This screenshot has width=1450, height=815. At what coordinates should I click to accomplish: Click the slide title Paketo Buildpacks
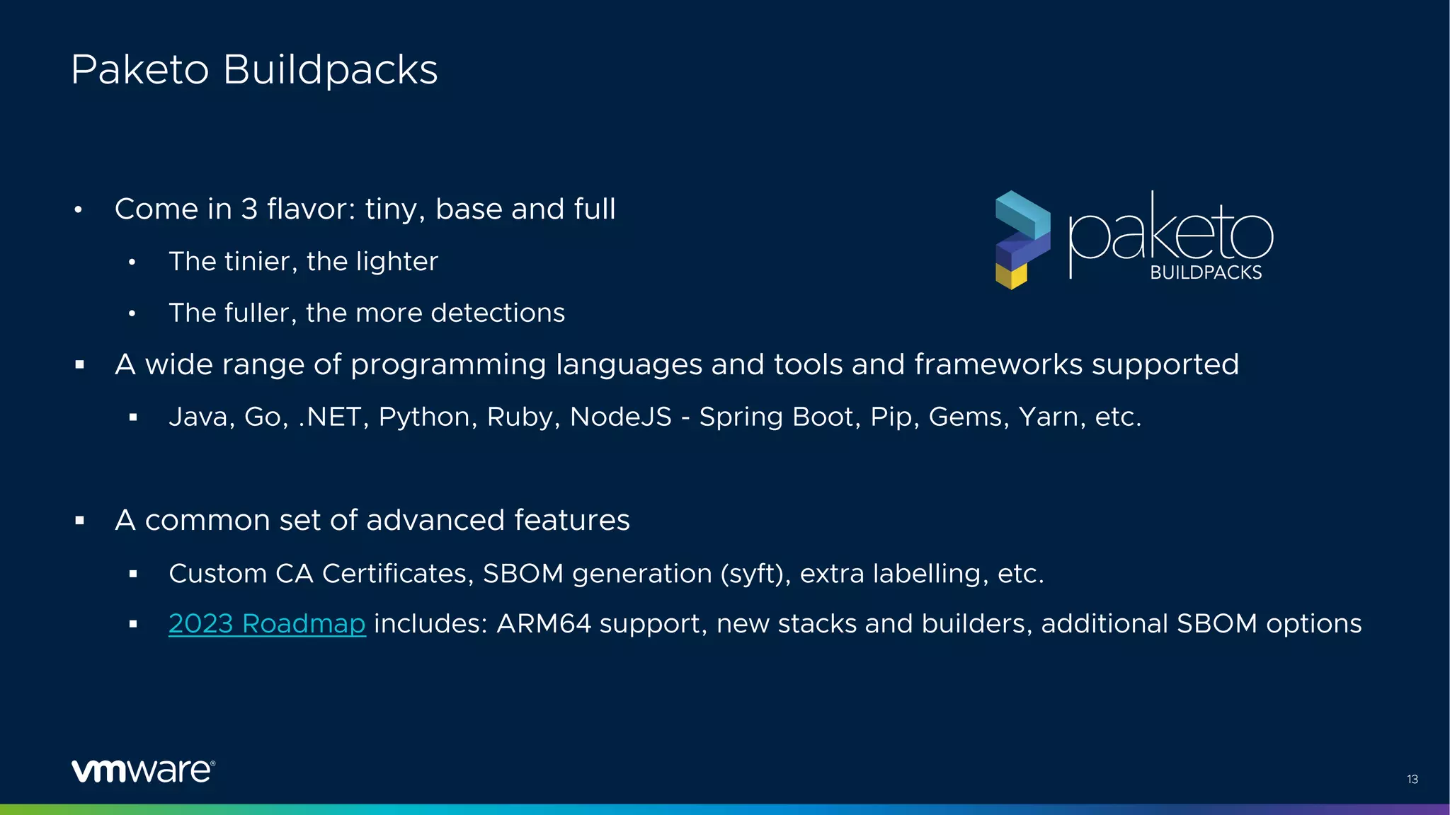pyautogui.click(x=254, y=70)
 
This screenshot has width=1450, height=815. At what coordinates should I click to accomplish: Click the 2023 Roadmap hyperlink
pyautogui.click(x=267, y=623)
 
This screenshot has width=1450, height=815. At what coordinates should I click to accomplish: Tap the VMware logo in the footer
pyautogui.click(x=143, y=770)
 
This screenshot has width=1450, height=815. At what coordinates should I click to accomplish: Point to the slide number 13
pyautogui.click(x=1412, y=779)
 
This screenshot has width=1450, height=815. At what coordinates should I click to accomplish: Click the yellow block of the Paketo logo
pyautogui.click(x=1011, y=276)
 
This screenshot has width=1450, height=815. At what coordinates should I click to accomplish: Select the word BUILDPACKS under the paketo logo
pyautogui.click(x=1206, y=273)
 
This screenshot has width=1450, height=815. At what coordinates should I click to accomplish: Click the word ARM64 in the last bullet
pyautogui.click(x=544, y=623)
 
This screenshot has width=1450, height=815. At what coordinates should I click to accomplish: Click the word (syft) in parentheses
pyautogui.click(x=755, y=573)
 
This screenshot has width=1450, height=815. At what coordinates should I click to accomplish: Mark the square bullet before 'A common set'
pyautogui.click(x=79, y=521)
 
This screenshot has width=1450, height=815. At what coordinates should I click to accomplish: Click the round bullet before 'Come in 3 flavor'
pyautogui.click(x=79, y=210)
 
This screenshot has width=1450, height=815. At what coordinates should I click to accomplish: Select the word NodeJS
pyautogui.click(x=621, y=417)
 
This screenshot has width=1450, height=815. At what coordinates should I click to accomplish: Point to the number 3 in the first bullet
pyautogui.click(x=249, y=209)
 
